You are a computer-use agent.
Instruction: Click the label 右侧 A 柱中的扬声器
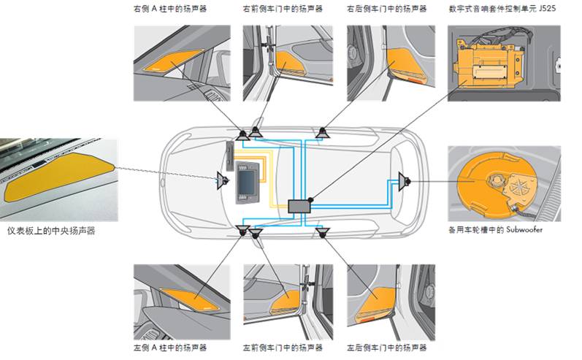170,10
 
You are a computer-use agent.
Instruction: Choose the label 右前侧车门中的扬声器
282,10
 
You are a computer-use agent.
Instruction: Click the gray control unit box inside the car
300,206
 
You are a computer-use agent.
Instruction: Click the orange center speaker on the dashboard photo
58,178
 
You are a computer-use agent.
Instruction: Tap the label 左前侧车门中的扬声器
282,348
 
